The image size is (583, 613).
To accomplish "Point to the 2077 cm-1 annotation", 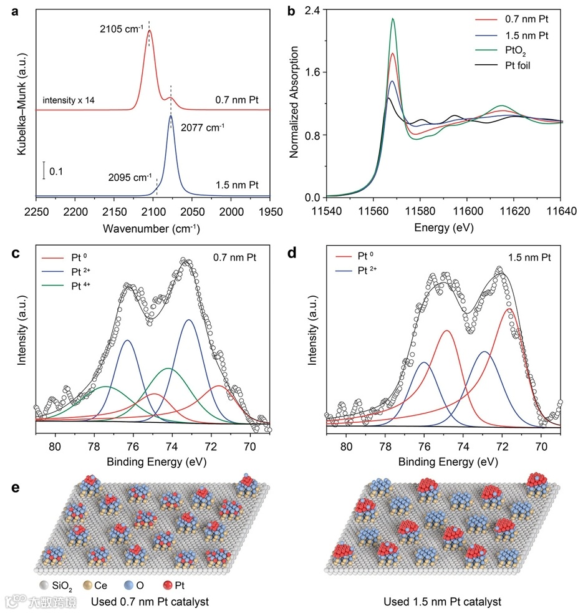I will click(203, 128).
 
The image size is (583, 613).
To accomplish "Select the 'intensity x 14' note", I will click(69, 100).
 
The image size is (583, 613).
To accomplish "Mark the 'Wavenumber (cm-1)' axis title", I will click(152, 229).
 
